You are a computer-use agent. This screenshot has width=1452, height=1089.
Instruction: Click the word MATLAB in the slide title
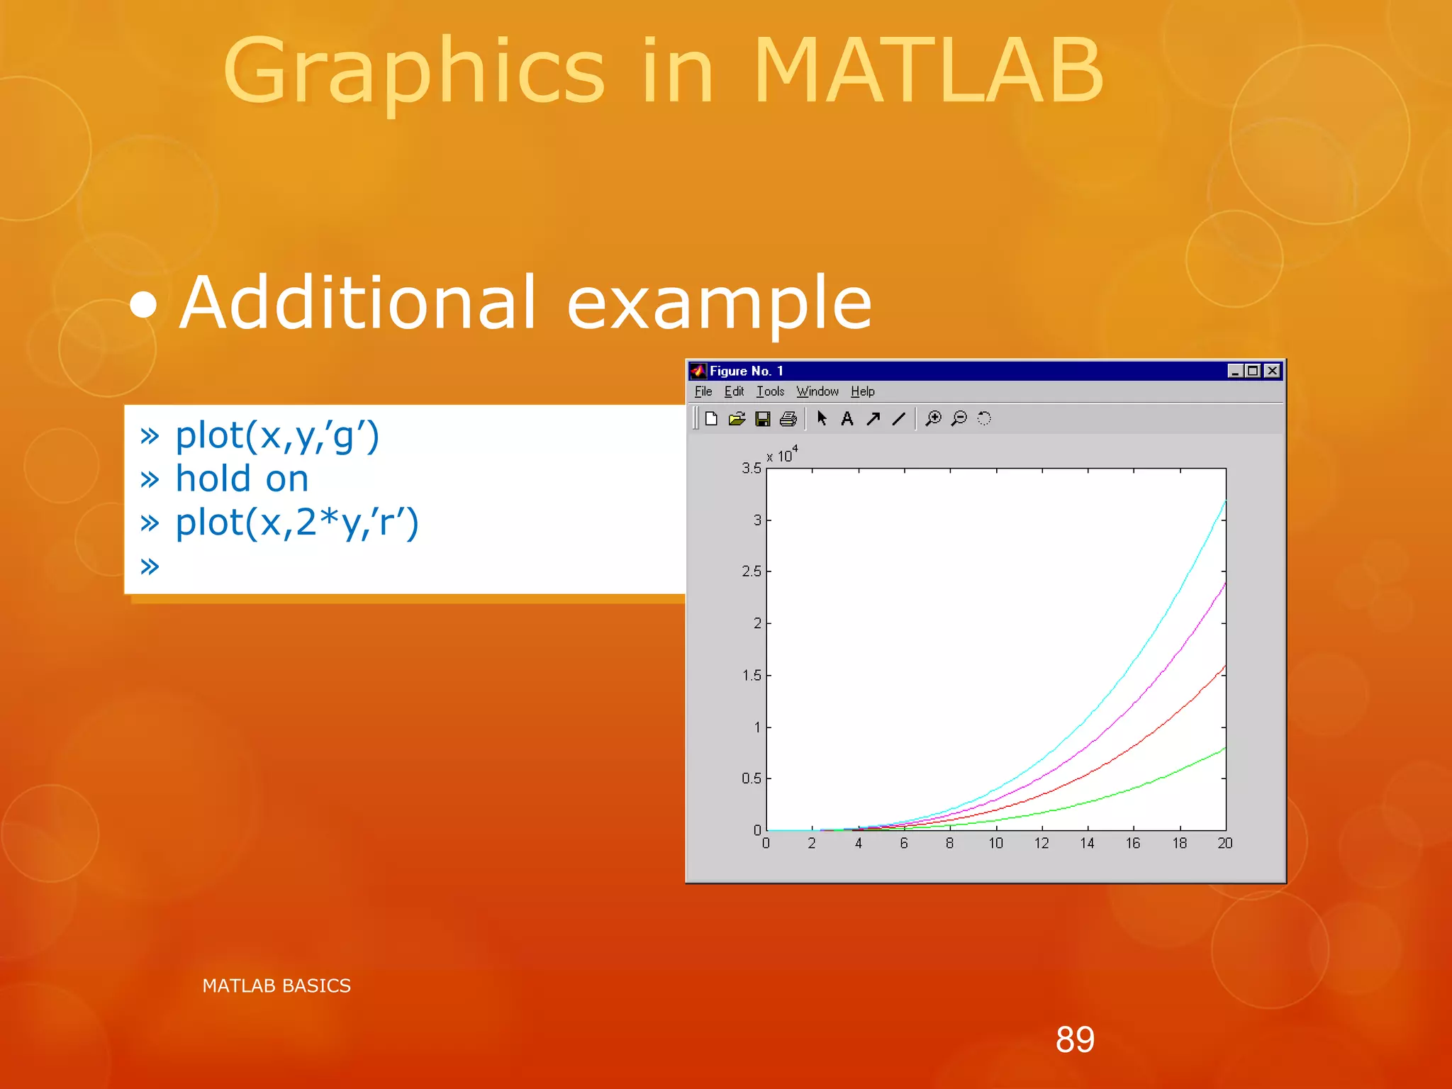(x=927, y=71)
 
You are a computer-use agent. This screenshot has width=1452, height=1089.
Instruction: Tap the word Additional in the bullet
(x=358, y=303)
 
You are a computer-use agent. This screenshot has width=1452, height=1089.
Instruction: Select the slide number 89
(x=1075, y=1039)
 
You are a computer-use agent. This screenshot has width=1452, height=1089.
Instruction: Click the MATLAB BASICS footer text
(x=277, y=985)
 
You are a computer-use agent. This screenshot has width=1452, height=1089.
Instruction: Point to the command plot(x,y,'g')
(x=277, y=435)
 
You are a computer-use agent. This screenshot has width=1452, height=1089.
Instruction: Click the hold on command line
(x=242, y=479)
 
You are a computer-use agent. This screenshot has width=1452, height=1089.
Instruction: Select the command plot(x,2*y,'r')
(x=297, y=523)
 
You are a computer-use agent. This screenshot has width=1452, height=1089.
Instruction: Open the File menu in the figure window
(x=703, y=391)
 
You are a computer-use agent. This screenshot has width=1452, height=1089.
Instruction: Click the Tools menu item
(x=770, y=391)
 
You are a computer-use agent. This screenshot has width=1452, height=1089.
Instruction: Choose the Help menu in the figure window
(x=862, y=391)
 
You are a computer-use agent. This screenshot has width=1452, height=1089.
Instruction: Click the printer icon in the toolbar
(x=788, y=419)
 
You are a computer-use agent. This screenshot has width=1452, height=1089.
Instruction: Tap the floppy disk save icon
(x=763, y=419)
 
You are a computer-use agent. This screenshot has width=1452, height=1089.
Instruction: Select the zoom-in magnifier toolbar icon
(x=934, y=419)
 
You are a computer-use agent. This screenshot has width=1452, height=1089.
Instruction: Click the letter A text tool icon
(x=847, y=419)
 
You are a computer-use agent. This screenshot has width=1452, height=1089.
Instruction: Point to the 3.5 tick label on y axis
(x=751, y=469)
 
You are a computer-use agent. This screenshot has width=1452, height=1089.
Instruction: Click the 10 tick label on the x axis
(x=995, y=843)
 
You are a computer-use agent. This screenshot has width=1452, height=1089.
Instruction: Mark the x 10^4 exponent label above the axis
(x=782, y=454)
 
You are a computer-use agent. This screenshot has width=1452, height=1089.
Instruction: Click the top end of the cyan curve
(x=1224, y=502)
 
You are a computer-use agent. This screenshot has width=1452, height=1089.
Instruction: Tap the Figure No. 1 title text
(x=746, y=371)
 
